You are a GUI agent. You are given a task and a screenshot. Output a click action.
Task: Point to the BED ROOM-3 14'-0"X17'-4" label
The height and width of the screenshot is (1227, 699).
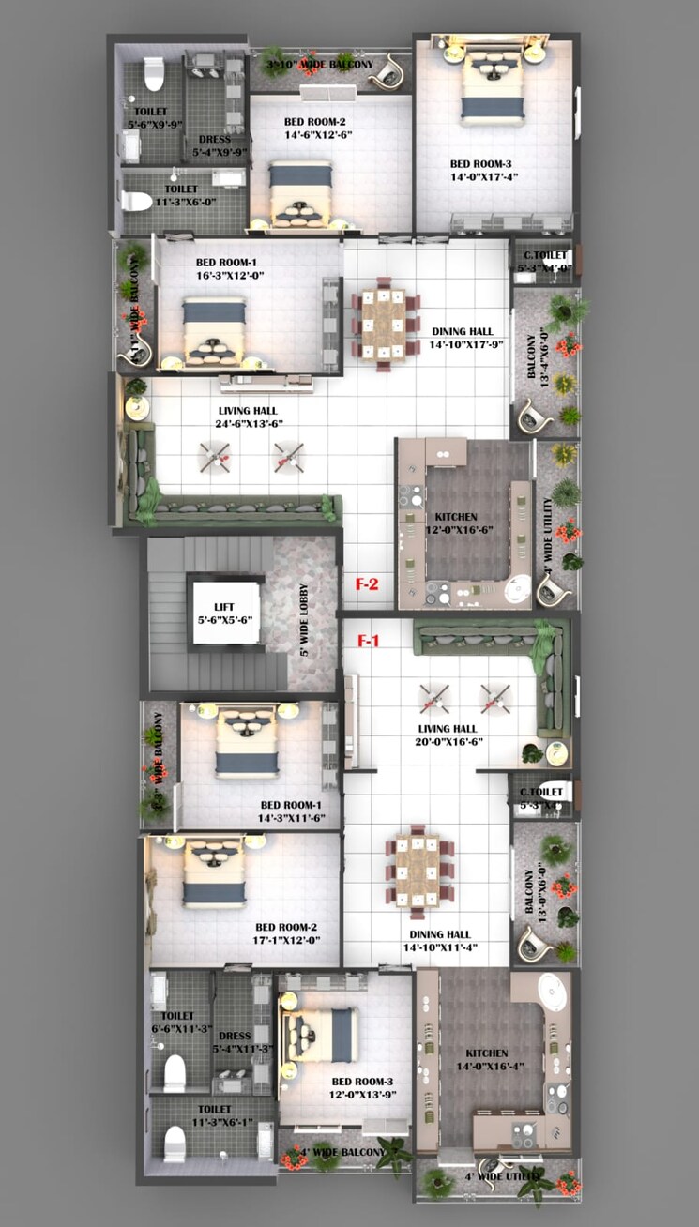(x=484, y=170)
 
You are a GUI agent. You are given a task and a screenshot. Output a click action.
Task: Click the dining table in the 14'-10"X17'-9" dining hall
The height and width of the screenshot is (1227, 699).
(x=385, y=323)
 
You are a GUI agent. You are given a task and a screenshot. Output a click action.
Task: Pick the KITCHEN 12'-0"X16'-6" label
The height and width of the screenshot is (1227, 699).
(x=456, y=523)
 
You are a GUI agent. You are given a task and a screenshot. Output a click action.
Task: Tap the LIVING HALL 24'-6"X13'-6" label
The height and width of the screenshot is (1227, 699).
(x=248, y=417)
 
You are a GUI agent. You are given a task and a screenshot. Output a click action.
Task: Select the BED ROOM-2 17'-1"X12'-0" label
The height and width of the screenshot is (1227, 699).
(x=289, y=933)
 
